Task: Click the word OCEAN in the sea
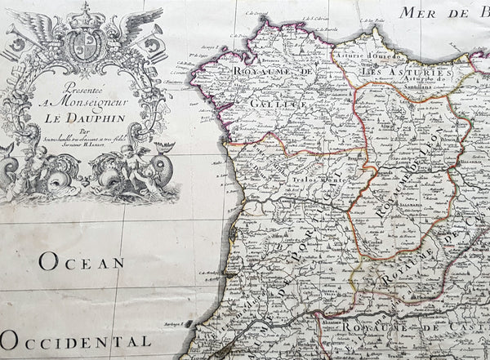pos(81,263)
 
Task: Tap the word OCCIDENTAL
pos(75,340)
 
